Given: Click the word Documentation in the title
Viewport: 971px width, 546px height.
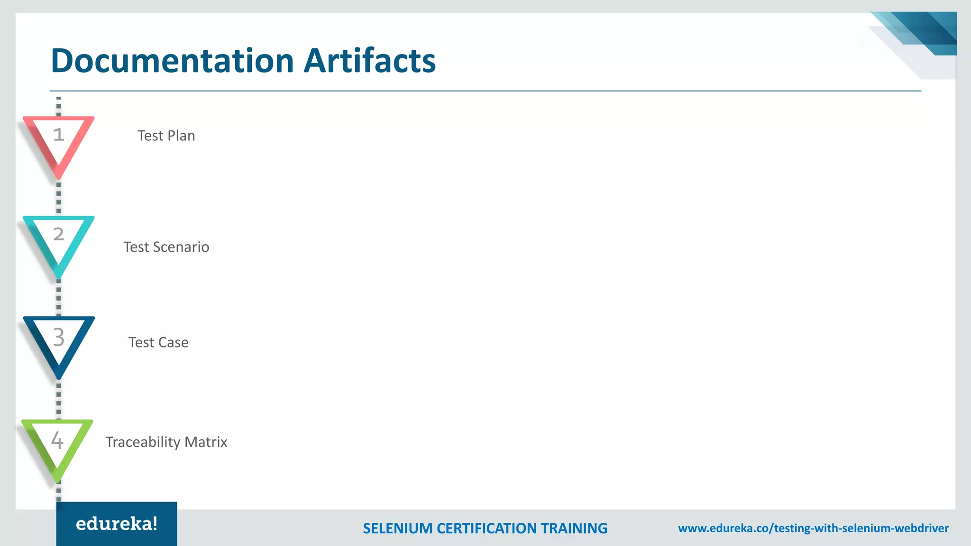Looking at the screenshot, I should pyautogui.click(x=173, y=61).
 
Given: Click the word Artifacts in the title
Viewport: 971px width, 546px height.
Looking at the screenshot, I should pyautogui.click(x=369, y=61).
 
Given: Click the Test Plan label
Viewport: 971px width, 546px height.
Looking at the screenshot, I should pyautogui.click(x=166, y=136).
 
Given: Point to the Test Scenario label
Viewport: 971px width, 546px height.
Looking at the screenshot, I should pyautogui.click(x=166, y=247).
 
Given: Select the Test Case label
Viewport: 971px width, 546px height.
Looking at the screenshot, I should pyautogui.click(x=158, y=342).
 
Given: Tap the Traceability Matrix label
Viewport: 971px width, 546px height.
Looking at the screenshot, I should pyautogui.click(x=166, y=442).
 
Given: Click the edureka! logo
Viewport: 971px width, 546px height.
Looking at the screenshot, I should pyautogui.click(x=117, y=524).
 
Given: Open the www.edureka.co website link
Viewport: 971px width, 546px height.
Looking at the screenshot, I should pyautogui.click(x=813, y=528).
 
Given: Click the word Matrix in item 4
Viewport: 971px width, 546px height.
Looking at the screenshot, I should pyautogui.click(x=206, y=442).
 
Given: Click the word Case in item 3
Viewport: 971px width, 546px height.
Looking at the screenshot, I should pyautogui.click(x=173, y=342).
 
